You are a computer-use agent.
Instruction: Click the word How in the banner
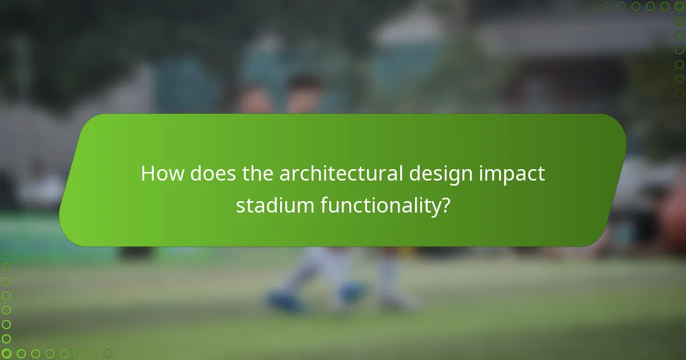(162, 174)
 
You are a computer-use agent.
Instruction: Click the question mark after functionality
(443, 205)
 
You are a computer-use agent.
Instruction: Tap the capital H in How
(148, 174)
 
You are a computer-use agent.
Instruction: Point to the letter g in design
(453, 177)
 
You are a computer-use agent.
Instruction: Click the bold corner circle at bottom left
(6, 353)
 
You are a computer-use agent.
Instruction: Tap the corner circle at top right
(679, 6)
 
